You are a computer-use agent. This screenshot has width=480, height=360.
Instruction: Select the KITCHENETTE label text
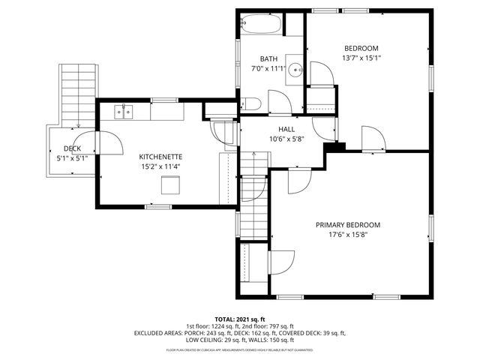click(x=160, y=157)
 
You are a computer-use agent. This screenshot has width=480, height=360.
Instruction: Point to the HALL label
click(x=265, y=129)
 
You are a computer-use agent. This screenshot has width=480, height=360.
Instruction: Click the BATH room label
click(x=268, y=59)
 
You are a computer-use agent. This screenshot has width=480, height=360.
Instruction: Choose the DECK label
click(x=72, y=148)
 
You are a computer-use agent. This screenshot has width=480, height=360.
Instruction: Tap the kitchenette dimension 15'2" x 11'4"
click(x=160, y=166)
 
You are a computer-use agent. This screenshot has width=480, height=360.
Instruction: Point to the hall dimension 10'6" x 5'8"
click(x=265, y=139)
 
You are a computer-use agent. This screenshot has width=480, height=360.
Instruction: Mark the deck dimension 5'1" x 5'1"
click(x=72, y=158)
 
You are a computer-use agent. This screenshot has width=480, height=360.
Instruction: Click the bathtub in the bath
click(x=259, y=25)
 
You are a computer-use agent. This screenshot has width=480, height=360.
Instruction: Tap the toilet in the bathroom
click(x=253, y=104)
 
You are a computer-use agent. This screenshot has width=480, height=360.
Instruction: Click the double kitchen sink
click(x=124, y=112)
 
